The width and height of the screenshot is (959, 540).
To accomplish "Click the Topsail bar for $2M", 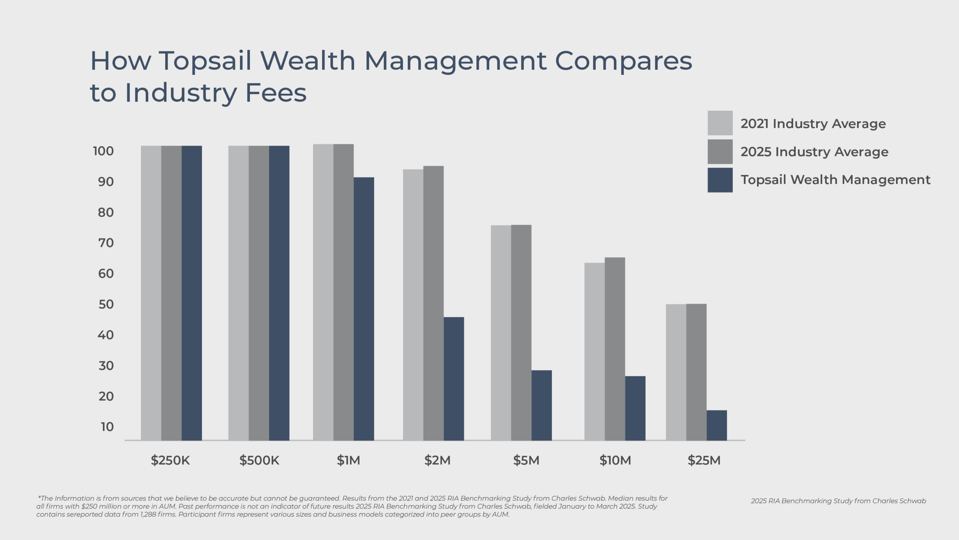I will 454,379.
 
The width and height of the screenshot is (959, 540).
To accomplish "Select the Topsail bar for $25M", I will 717,425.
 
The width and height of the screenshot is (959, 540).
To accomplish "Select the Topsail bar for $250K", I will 192,293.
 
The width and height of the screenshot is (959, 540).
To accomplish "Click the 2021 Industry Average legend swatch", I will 720,123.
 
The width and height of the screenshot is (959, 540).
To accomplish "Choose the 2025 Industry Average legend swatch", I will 720,151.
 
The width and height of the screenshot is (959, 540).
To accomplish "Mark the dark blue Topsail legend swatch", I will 720,180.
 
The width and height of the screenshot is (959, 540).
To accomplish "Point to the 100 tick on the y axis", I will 103,151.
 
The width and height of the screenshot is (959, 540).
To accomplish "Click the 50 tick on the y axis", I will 106,304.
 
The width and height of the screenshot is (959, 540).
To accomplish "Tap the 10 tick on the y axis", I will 107,427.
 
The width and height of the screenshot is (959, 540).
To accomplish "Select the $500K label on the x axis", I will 259,460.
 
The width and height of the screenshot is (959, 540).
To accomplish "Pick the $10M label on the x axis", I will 615,460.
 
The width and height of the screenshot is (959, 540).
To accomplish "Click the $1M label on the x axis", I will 348,460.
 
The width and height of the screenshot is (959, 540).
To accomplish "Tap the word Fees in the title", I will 276,93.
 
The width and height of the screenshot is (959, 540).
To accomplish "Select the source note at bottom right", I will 838,501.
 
